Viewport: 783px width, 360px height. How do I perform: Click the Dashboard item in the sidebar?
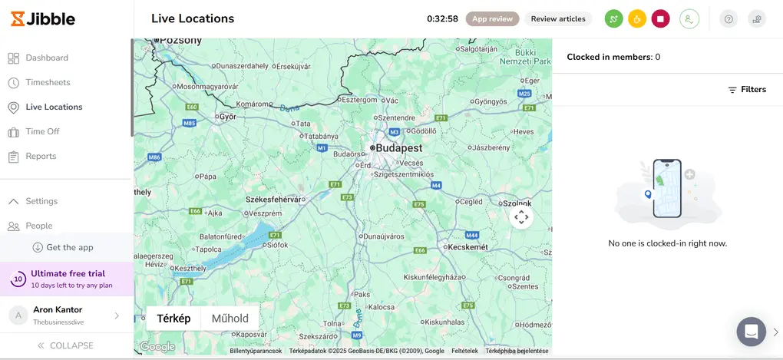point(46,58)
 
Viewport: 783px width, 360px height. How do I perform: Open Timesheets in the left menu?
point(47,82)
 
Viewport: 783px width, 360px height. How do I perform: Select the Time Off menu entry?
point(41,131)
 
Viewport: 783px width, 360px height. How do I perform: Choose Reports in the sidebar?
point(40,156)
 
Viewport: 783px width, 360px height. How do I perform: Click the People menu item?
point(38,226)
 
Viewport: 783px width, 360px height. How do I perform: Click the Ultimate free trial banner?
point(67,279)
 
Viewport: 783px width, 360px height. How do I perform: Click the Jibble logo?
point(45,18)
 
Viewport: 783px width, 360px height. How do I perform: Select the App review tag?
point(492,19)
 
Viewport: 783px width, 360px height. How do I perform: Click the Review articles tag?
point(558,19)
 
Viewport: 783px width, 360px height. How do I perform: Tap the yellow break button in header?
point(636,19)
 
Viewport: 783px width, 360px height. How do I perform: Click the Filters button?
point(747,90)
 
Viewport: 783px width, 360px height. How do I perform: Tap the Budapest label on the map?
point(398,147)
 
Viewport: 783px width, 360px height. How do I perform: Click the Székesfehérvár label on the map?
point(273,199)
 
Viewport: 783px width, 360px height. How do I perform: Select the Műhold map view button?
point(230,319)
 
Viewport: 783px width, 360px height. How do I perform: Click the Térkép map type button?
point(173,319)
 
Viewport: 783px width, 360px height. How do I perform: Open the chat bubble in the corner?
point(751,332)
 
